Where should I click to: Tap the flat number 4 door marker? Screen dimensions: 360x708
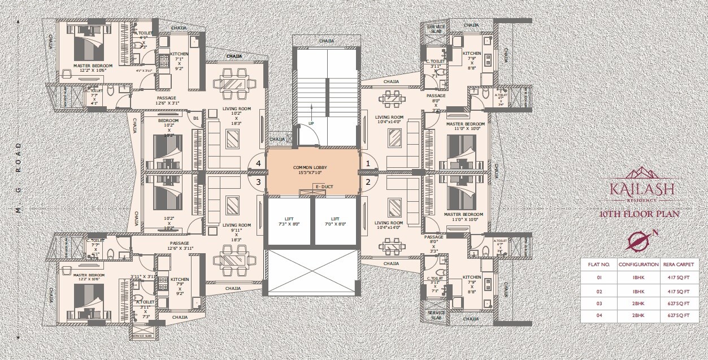pyautogui.click(x=258, y=163)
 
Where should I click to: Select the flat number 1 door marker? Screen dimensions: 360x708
pyautogui.click(x=368, y=163)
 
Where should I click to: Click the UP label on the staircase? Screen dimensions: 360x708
pyautogui.click(x=311, y=123)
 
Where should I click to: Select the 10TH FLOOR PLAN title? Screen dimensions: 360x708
pyautogui.click(x=640, y=214)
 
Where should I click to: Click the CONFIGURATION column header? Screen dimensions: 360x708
pyautogui.click(x=638, y=264)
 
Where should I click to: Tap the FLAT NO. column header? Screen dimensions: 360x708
pyautogui.click(x=598, y=264)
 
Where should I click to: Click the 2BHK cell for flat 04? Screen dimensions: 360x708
pyautogui.click(x=638, y=315)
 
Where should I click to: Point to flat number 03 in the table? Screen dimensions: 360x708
pyautogui.click(x=598, y=302)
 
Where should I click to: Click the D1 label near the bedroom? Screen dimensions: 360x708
pyautogui.click(x=196, y=118)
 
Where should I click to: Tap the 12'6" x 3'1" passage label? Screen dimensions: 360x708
pyautogui.click(x=167, y=101)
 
